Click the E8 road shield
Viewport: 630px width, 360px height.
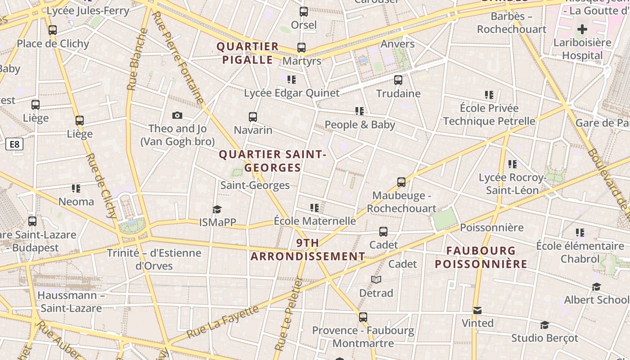(14, 144)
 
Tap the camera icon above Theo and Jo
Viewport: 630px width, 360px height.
(177, 116)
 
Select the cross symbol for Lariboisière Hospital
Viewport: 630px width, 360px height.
(582, 30)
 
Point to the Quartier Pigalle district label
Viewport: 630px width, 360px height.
(247, 53)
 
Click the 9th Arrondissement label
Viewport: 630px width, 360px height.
(308, 250)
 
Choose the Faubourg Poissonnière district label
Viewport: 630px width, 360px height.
(481, 257)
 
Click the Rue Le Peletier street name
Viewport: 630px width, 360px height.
(289, 314)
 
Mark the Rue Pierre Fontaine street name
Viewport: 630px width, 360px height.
(178, 57)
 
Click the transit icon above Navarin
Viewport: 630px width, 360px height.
(253, 117)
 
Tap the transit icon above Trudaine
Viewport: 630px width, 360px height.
(398, 80)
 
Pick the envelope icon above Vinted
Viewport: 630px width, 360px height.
(477, 310)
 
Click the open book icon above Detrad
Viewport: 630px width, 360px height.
(376, 280)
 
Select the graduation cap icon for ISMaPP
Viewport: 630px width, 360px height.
(217, 209)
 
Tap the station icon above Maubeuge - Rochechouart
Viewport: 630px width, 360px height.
(401, 182)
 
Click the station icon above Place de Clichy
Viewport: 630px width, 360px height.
(53, 30)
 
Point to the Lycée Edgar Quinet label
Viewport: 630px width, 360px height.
(292, 93)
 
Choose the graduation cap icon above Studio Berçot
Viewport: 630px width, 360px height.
(544, 325)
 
